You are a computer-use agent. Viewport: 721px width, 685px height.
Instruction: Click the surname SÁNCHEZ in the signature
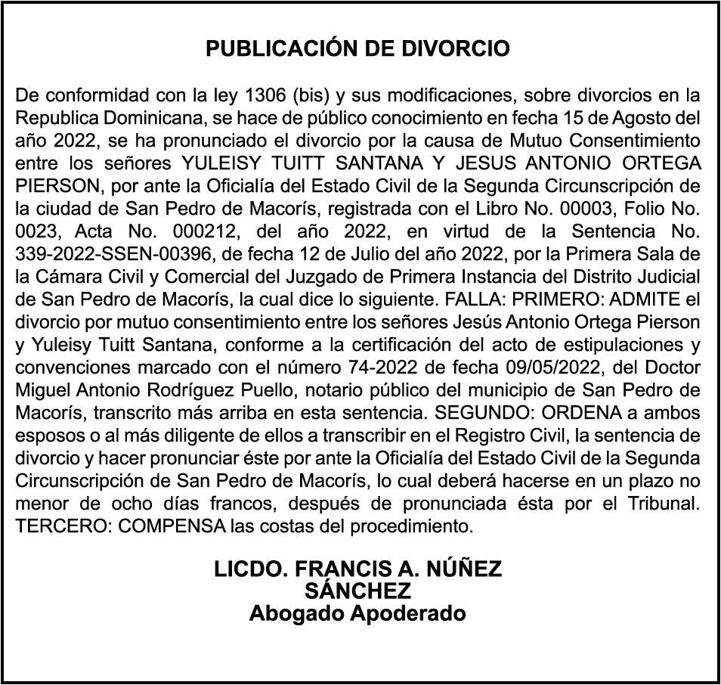pyautogui.click(x=357, y=590)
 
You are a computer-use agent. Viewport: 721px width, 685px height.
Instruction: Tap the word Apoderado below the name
pyautogui.click(x=407, y=613)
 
